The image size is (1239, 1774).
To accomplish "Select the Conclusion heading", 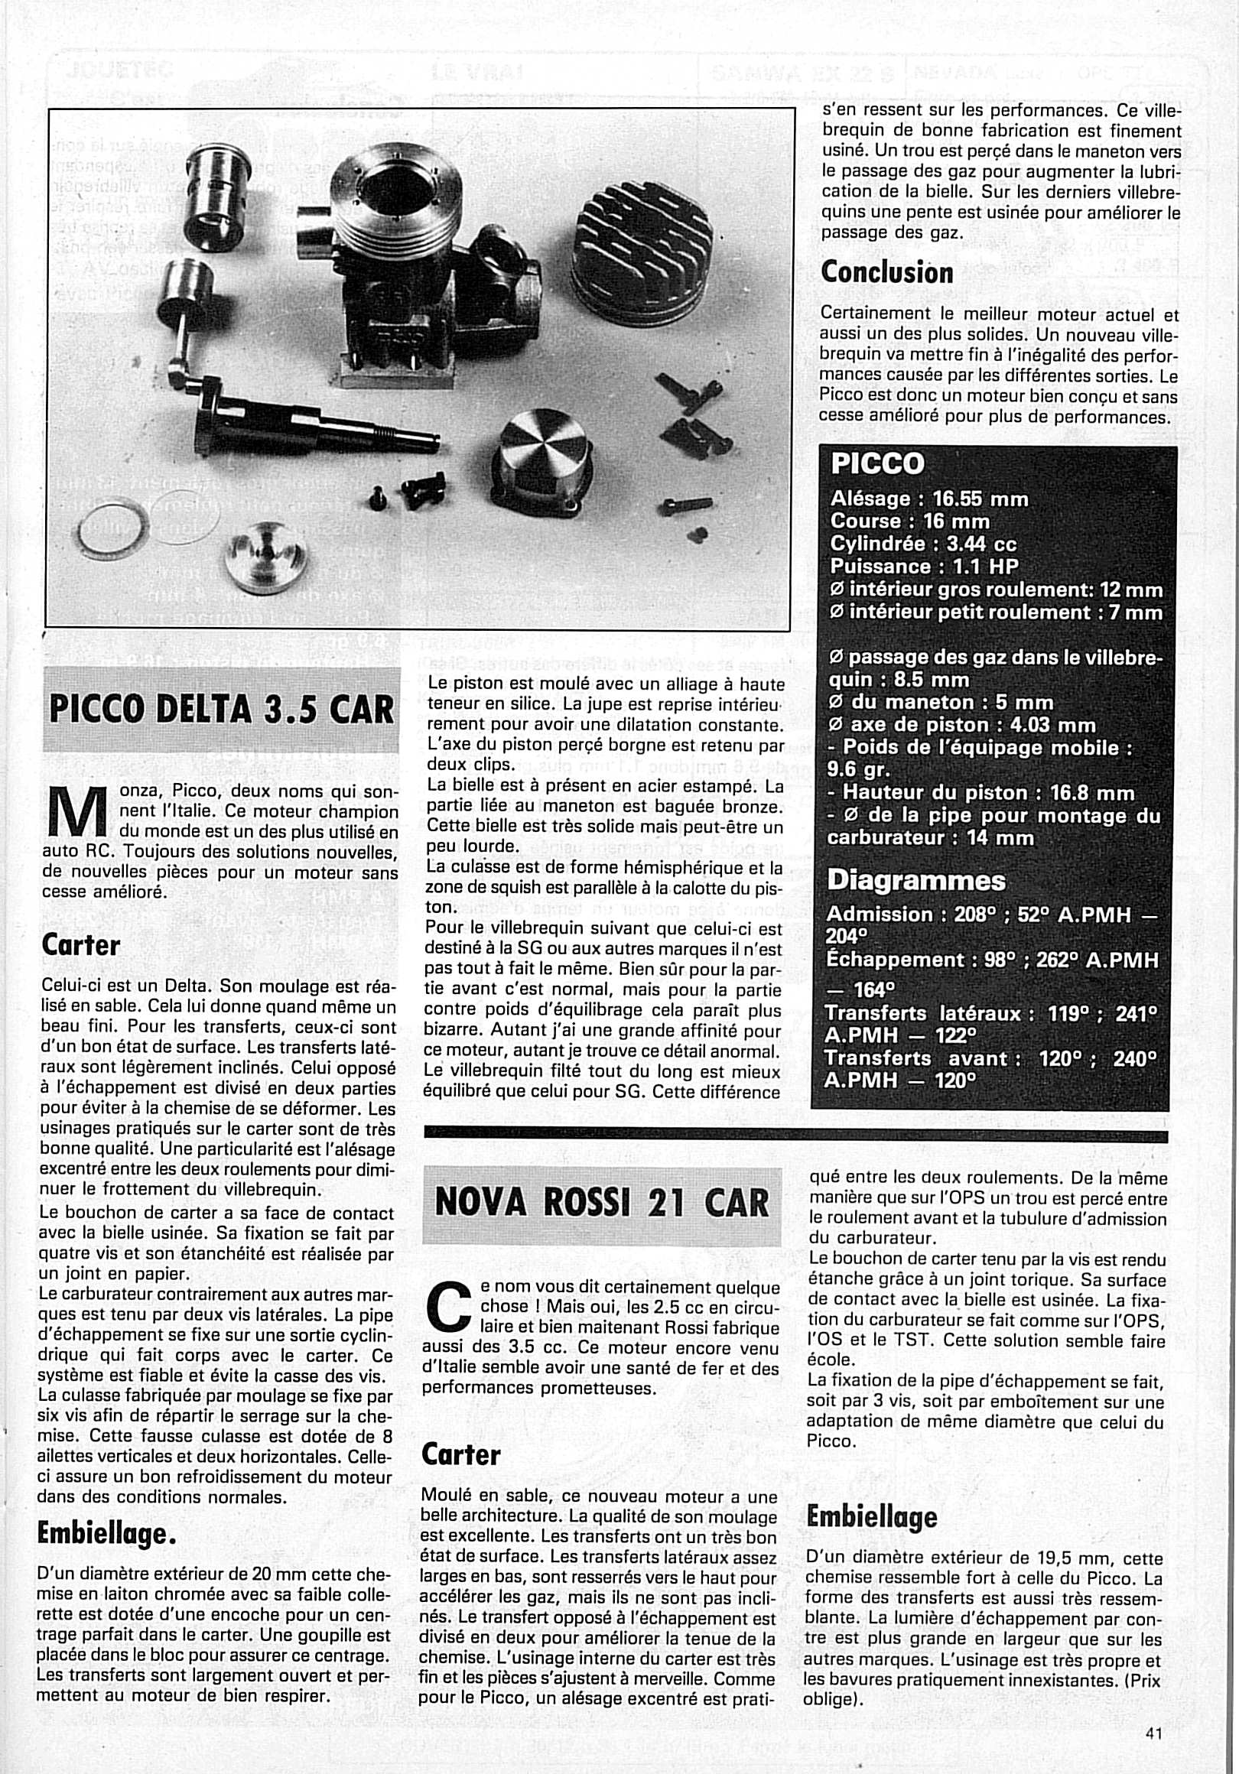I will coord(886,272).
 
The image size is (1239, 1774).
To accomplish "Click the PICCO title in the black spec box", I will coord(877,463).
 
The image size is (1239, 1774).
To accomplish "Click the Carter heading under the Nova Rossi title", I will coord(460,1456).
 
